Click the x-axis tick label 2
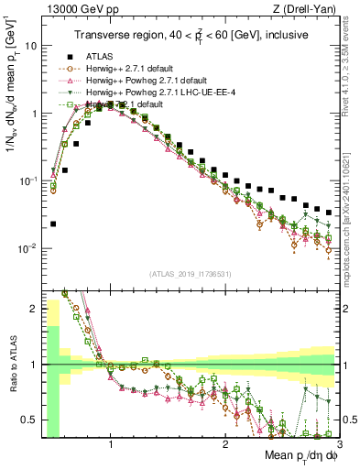point(225,444)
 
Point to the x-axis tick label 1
point(111,444)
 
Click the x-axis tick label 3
point(338,444)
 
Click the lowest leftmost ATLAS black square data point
point(53,224)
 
